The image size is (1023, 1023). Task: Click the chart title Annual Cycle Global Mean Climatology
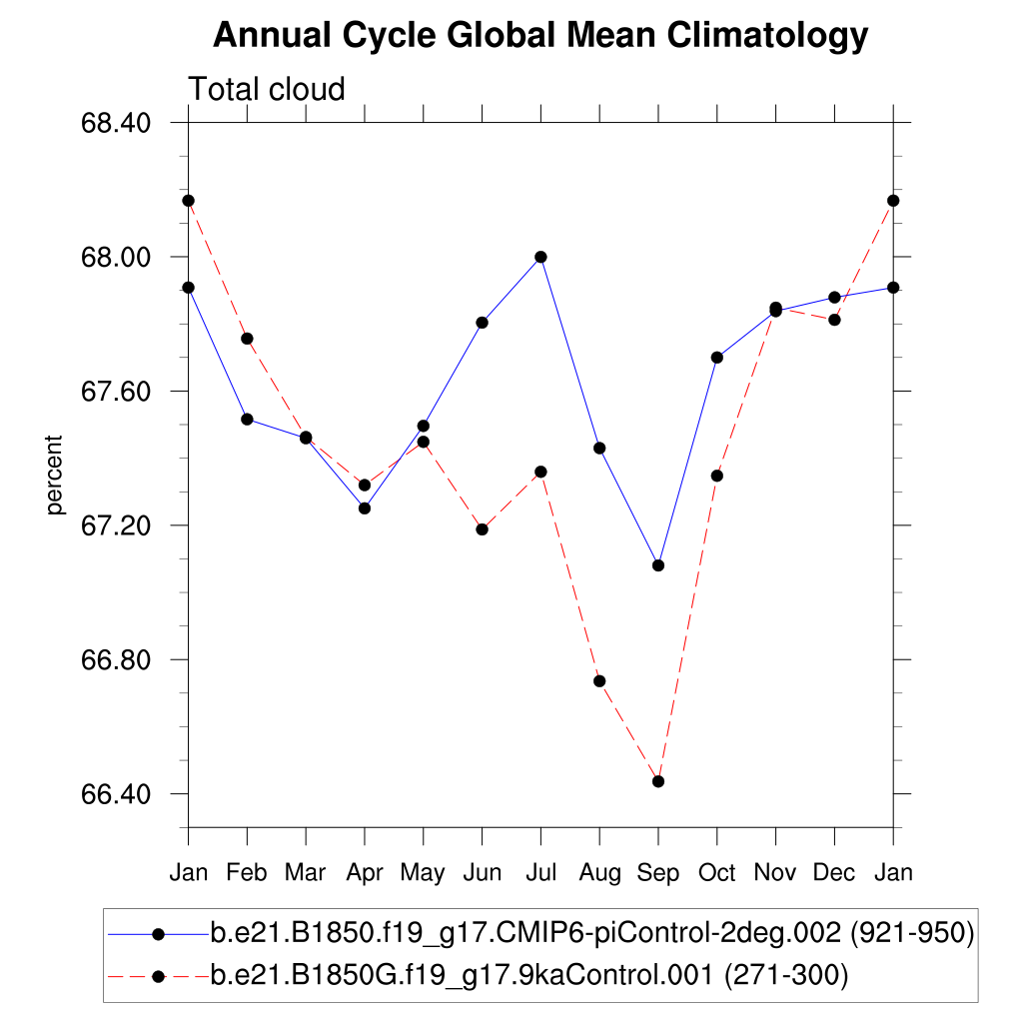[540, 36]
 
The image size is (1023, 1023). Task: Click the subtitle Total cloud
[267, 89]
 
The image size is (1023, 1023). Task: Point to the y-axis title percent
[55, 475]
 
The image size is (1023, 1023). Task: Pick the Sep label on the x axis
[658, 873]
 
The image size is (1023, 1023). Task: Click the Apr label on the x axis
[365, 873]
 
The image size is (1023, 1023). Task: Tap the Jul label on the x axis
[540, 873]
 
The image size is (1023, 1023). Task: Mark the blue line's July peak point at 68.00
[540, 257]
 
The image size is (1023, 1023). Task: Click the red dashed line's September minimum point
[658, 781]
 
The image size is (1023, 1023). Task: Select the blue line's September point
[658, 565]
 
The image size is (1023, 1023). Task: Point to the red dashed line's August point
[599, 681]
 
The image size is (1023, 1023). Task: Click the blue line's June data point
[482, 323]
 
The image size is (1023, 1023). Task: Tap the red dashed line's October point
[716, 476]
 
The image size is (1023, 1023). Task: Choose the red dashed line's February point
[247, 339]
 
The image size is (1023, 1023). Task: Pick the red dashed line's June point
[482, 528]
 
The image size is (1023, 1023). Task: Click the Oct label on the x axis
[716, 873]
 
